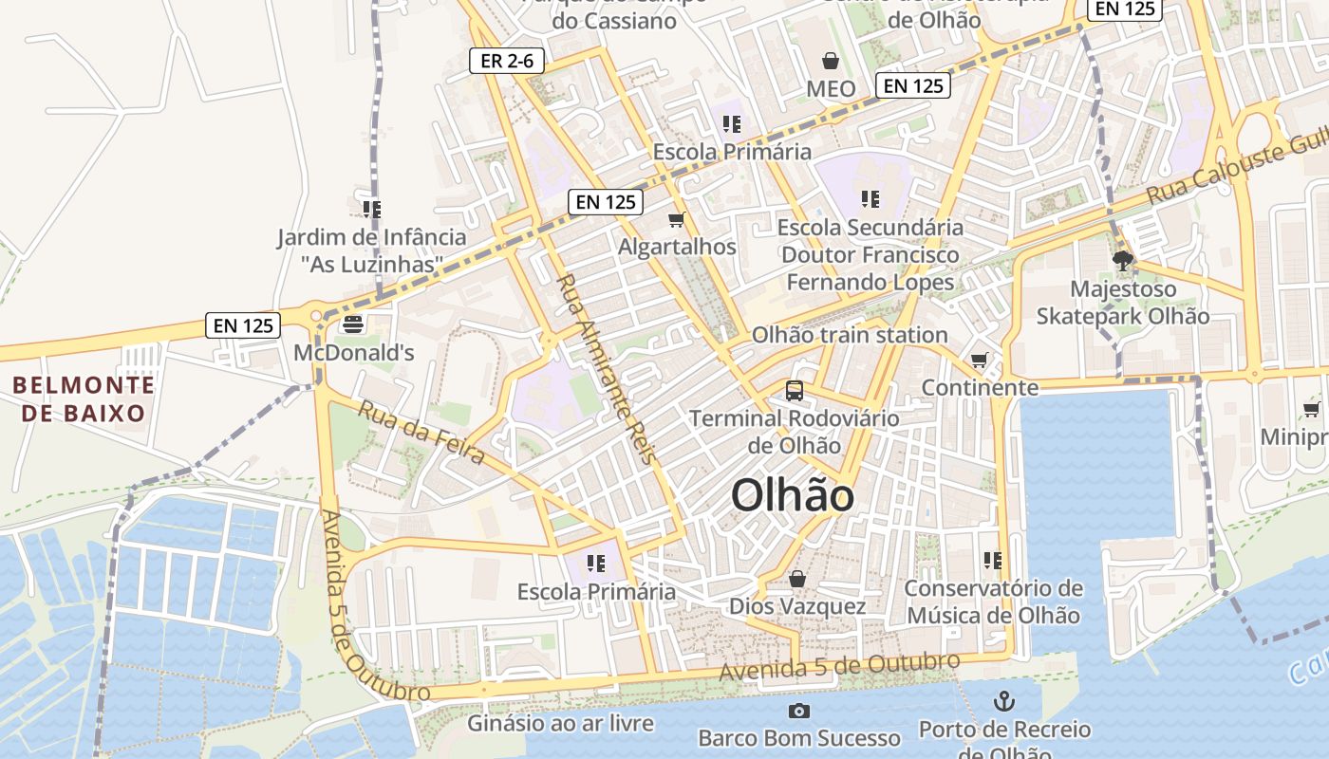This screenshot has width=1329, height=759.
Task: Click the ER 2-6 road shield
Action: point(508,62)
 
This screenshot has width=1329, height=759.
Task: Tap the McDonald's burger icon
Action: point(353,324)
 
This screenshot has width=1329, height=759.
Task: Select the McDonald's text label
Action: point(354,353)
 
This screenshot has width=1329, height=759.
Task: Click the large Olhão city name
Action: point(793,495)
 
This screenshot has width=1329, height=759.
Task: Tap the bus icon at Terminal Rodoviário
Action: point(794,390)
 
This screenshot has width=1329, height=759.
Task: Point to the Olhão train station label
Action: point(850,335)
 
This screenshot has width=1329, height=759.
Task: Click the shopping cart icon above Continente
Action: point(980,361)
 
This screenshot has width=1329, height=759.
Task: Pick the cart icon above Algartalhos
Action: point(677,220)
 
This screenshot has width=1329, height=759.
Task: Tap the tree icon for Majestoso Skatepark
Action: point(1123,261)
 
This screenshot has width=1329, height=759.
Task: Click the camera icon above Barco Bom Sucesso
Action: point(799,711)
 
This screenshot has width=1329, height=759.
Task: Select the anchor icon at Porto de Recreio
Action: point(1003,702)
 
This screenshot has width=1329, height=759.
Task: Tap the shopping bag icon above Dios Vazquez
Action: point(797,579)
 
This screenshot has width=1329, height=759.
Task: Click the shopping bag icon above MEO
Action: point(831,62)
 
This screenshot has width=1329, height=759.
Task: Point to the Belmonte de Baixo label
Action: point(84,398)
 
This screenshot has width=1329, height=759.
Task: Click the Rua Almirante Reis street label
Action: point(607,368)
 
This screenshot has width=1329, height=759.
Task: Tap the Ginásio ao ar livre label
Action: point(560,724)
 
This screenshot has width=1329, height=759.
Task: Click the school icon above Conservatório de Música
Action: point(993,561)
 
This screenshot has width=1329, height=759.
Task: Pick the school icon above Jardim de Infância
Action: point(371,209)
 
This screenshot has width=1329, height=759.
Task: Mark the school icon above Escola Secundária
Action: point(870,199)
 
